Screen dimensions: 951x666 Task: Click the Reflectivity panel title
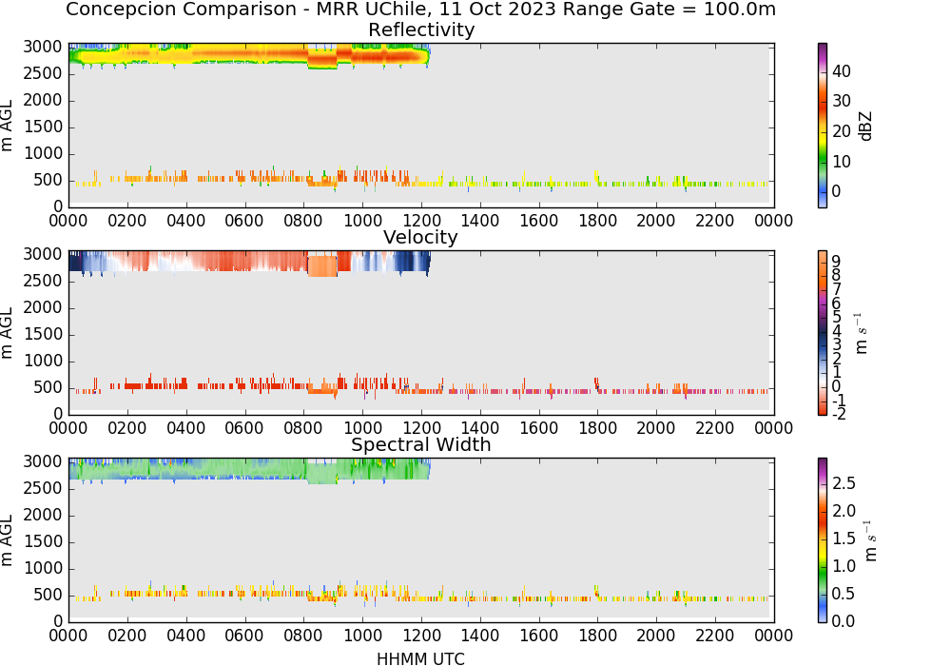421,29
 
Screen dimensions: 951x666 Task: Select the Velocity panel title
420,237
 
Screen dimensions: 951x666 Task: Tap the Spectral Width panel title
421,444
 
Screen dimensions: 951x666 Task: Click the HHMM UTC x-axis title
421,658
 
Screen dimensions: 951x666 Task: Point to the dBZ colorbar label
866,127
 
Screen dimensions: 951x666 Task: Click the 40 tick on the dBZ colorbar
842,71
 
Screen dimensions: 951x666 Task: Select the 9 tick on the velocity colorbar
836,262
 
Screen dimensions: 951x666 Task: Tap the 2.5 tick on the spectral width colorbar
844,483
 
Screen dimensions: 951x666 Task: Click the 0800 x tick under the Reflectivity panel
303,221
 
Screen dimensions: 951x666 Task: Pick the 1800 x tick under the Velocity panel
597,428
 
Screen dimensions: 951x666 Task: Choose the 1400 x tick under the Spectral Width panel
479,636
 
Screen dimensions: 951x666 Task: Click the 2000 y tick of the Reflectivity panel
43,100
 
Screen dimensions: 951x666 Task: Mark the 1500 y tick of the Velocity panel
43,334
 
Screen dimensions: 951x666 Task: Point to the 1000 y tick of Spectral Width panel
43,568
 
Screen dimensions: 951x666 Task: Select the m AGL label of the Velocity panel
7,332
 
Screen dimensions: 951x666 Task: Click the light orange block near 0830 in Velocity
322,265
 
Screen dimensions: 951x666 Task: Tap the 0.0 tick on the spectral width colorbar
844,621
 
